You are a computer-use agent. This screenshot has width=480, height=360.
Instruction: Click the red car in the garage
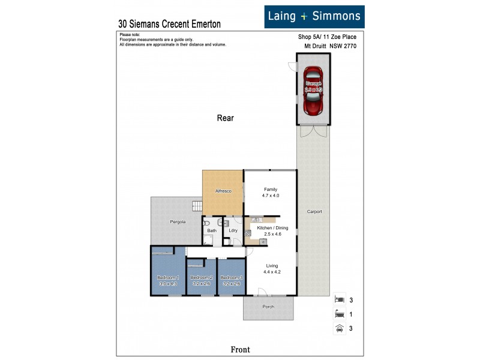313,91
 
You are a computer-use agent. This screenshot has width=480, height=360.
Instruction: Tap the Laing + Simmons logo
314,16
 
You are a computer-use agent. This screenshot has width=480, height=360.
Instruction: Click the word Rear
225,118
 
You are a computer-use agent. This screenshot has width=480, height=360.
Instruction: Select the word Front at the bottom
240,349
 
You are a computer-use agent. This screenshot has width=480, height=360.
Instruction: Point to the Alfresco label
223,191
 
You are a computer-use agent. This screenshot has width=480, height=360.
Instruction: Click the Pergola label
177,221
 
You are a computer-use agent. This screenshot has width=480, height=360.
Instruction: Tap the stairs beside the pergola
197,206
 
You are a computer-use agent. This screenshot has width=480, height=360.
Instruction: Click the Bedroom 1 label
169,277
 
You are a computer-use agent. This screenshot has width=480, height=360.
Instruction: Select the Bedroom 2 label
201,277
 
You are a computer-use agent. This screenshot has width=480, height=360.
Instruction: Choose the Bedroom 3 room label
231,277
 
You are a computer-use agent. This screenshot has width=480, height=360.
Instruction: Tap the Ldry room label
233,230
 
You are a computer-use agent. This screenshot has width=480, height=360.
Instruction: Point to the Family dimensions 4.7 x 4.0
271,195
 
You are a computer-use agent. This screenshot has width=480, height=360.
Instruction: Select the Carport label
314,211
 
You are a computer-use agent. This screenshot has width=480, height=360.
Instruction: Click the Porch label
268,307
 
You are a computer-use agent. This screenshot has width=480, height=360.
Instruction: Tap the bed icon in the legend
339,298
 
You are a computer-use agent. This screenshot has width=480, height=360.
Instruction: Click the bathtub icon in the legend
339,313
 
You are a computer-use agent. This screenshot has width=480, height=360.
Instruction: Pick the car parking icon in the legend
339,328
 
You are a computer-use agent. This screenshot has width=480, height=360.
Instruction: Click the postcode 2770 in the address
349,44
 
